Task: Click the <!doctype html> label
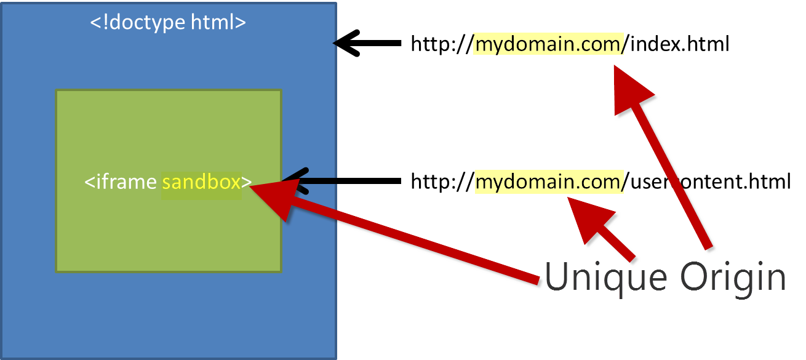[x=168, y=22]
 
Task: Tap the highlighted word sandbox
[x=201, y=182]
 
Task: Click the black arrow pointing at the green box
[x=345, y=181]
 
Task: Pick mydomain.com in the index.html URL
[x=549, y=44]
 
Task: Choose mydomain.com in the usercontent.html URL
[x=549, y=182]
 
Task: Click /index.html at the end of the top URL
[x=677, y=44]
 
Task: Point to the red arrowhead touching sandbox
[x=271, y=196]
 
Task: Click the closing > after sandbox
[x=246, y=182]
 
